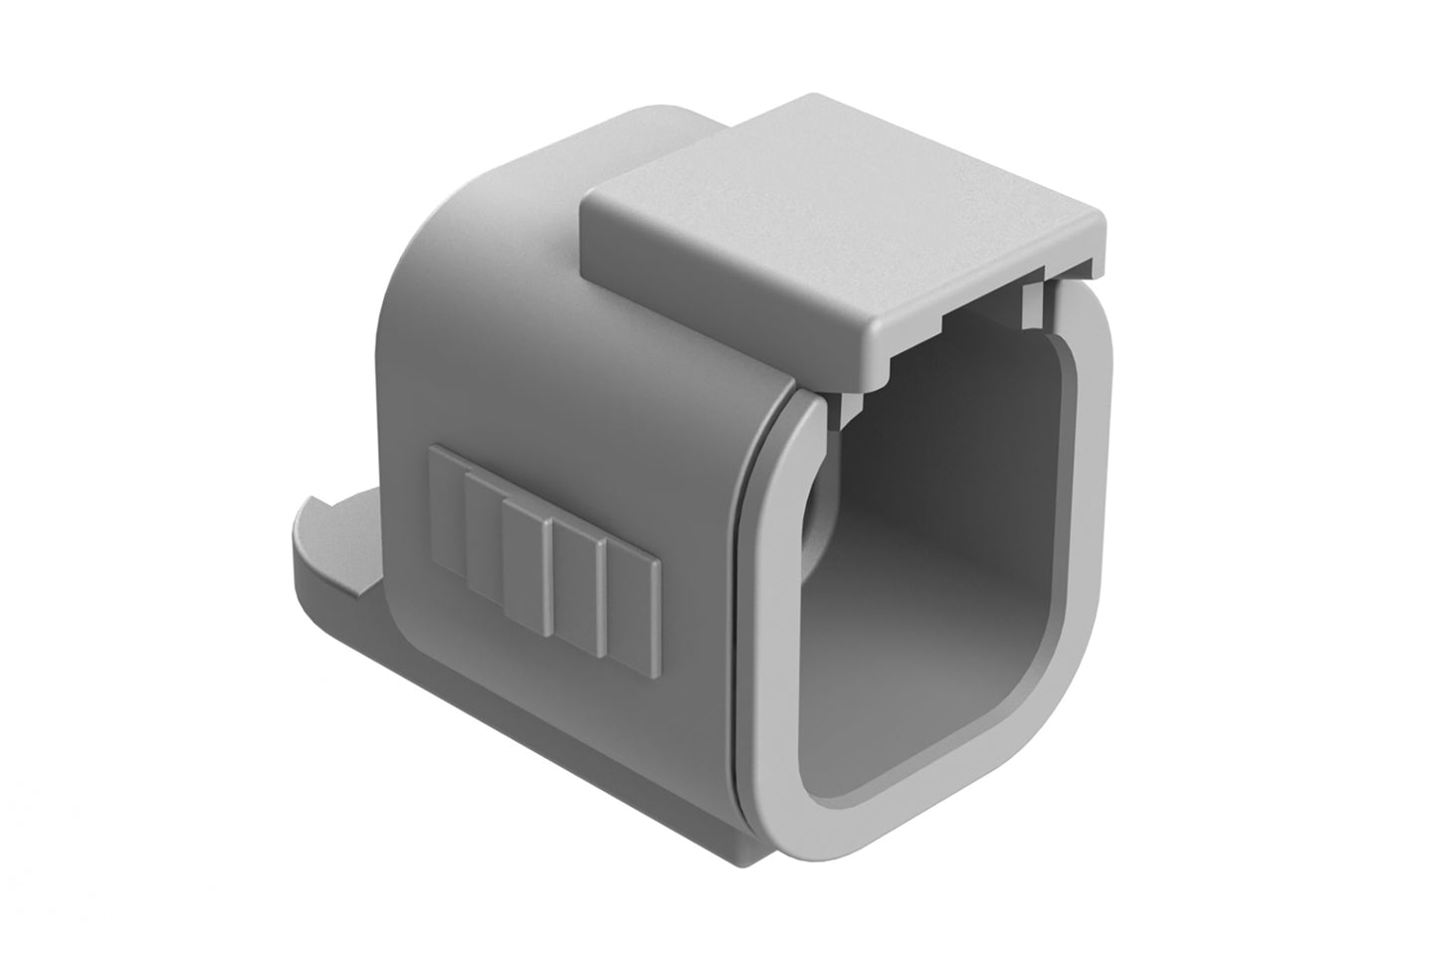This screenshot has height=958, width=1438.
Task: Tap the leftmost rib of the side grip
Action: [446, 508]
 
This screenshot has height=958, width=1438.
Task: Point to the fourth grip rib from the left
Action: [579, 591]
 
